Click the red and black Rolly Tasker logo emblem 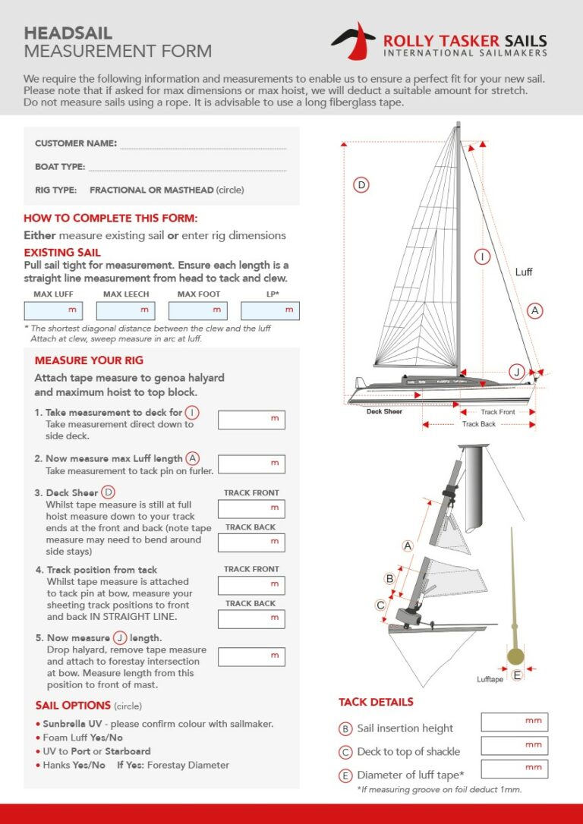353,39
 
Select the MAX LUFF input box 54,310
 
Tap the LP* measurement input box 270,310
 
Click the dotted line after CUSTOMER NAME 203,144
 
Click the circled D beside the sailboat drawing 361,184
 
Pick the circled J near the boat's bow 516,371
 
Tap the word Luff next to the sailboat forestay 524,272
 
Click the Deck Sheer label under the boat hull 384,412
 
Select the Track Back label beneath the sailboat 478,424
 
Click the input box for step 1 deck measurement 251,420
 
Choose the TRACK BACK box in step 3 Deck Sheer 251,542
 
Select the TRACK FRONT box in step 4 251,585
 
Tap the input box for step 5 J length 251,656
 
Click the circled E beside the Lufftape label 517,675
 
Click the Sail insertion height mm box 514,722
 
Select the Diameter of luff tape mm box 514,769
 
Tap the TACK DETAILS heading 376,702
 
